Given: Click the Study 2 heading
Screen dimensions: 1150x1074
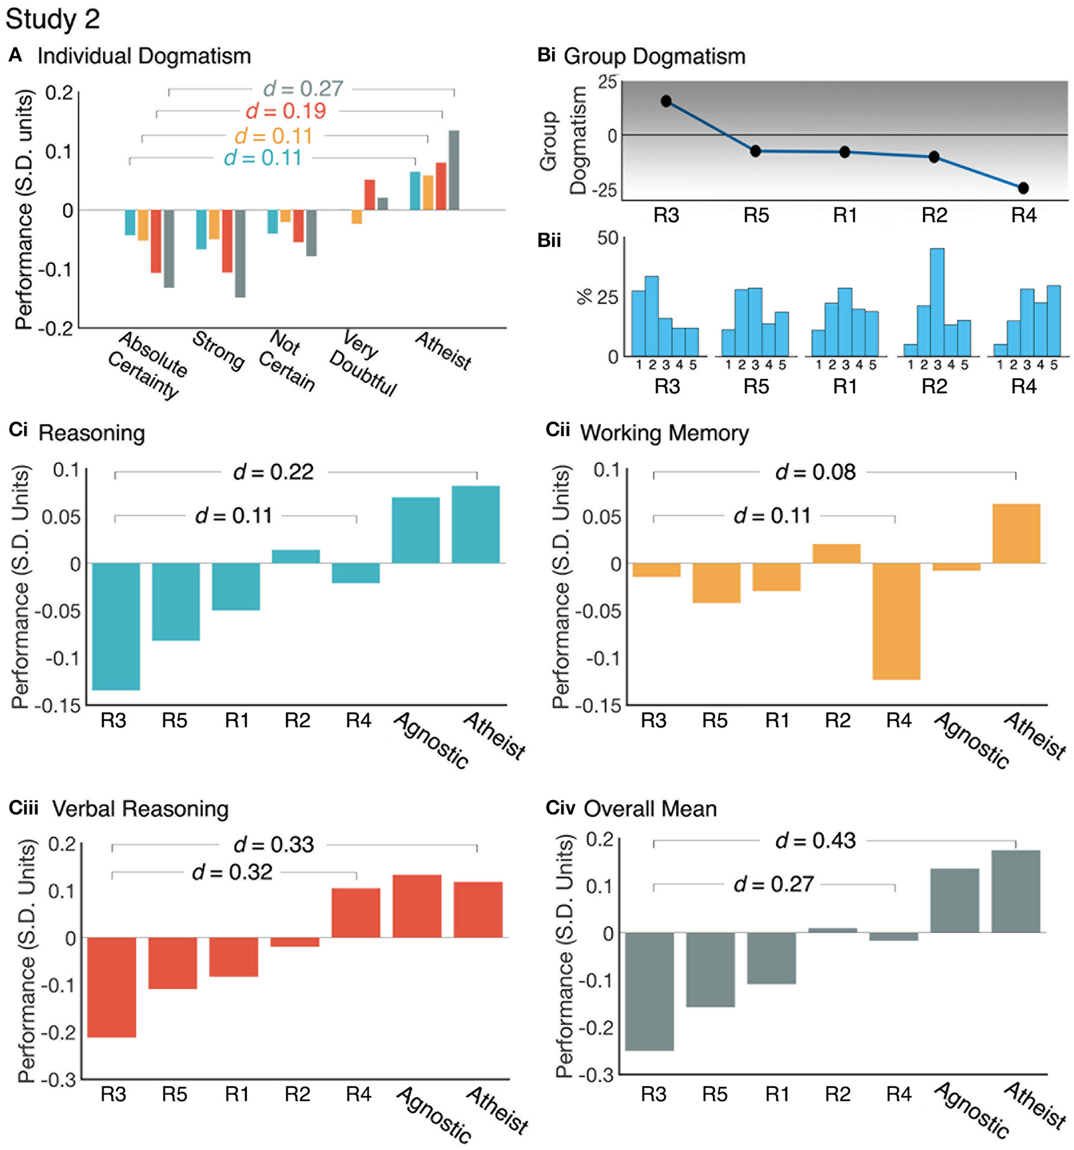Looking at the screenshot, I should point(53,19).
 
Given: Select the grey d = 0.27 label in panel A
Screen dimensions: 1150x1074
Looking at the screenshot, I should point(303,89).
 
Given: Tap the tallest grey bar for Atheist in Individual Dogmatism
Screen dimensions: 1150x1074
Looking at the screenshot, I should point(453,170).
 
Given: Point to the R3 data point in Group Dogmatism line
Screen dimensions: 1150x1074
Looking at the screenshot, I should point(666,101).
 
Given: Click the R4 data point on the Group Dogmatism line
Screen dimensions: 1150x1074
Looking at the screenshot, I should point(1023,188).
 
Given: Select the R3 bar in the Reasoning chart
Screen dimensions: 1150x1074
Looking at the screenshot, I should point(116,626).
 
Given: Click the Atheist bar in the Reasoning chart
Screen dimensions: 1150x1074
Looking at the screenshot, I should point(476,525).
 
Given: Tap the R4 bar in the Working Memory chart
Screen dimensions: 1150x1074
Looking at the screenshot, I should point(896,621).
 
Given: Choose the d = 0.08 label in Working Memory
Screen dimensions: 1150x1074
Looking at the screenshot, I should point(815,472).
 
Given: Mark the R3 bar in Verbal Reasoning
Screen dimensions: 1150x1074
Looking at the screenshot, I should point(112,987).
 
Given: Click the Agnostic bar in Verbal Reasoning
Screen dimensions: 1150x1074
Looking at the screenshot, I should point(417,906).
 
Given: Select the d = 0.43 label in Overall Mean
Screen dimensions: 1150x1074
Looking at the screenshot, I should point(815,841).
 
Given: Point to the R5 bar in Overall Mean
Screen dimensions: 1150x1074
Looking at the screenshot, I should point(710,969).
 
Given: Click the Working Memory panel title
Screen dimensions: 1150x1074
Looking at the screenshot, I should point(664,433).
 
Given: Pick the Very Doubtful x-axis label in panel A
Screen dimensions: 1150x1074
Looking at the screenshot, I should point(362,364).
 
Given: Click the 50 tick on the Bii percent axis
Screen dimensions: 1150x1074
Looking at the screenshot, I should point(607,238).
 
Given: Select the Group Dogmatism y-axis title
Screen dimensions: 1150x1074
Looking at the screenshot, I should point(563,141).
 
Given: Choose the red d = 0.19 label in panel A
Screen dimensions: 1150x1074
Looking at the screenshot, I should point(285,111).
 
